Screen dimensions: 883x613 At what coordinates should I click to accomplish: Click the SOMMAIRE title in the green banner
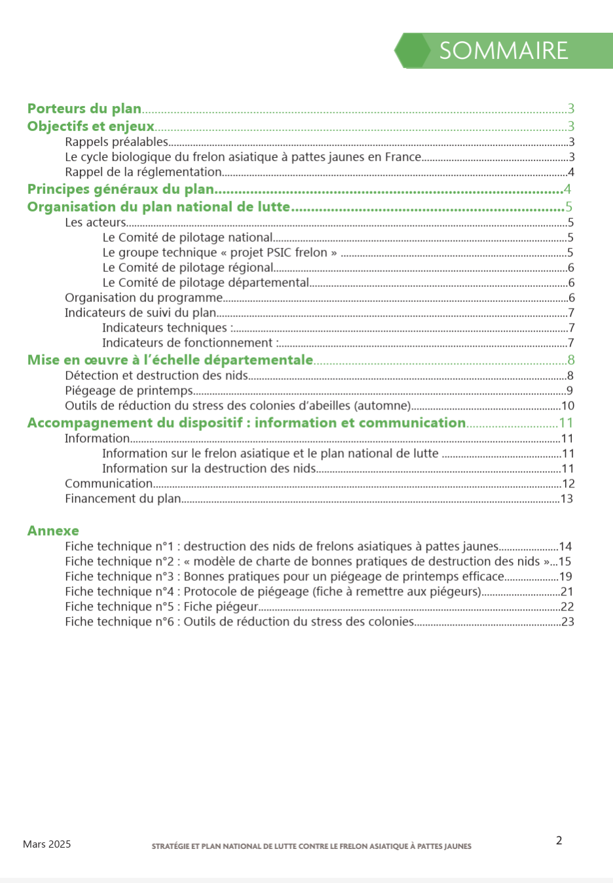[503, 51]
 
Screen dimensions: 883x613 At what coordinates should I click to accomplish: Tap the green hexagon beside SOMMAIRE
[412, 50]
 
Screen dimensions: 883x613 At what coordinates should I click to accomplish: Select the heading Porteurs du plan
[84, 109]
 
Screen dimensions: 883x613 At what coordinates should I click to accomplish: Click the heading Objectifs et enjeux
[90, 126]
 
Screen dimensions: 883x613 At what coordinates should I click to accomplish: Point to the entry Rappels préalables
[117, 142]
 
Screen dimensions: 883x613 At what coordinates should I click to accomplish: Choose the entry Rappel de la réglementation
[143, 172]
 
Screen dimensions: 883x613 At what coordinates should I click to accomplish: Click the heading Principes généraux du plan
[121, 189]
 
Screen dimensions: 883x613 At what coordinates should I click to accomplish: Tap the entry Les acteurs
[95, 223]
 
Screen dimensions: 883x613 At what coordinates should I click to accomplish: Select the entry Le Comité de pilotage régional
[188, 268]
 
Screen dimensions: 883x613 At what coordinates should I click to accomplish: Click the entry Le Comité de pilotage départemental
[206, 283]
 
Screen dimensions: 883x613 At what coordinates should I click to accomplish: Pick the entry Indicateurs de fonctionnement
[188, 343]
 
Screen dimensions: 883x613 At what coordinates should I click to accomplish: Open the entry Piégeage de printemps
[129, 391]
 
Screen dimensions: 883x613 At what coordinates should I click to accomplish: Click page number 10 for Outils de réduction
[568, 406]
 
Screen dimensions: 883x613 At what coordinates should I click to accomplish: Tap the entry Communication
[109, 484]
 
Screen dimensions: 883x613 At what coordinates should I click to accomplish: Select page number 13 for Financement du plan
[567, 499]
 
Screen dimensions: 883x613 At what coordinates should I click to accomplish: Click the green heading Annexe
[53, 531]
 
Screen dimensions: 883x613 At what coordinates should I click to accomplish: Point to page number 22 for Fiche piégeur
[567, 607]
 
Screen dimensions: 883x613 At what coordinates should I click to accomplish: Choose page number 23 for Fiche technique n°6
[567, 622]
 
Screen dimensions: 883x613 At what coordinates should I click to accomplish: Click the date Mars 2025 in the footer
[46, 844]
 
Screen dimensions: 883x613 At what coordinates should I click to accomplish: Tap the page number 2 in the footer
[559, 841]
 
